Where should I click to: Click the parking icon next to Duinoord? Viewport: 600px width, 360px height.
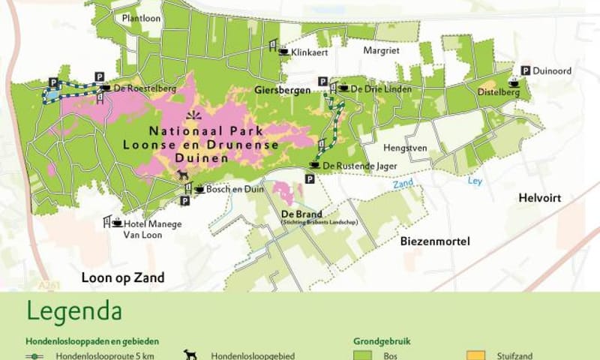526,70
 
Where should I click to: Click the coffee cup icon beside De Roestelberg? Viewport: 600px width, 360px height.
106,88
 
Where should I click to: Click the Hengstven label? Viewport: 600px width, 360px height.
405,148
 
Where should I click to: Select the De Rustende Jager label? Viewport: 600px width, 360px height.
357,165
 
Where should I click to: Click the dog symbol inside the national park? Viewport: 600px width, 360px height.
183,175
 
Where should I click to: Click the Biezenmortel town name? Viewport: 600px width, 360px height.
434,241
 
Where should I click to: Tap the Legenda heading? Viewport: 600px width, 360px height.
74,310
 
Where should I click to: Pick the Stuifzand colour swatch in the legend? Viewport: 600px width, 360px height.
476,355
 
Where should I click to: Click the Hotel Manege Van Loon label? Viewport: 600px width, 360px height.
142,228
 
